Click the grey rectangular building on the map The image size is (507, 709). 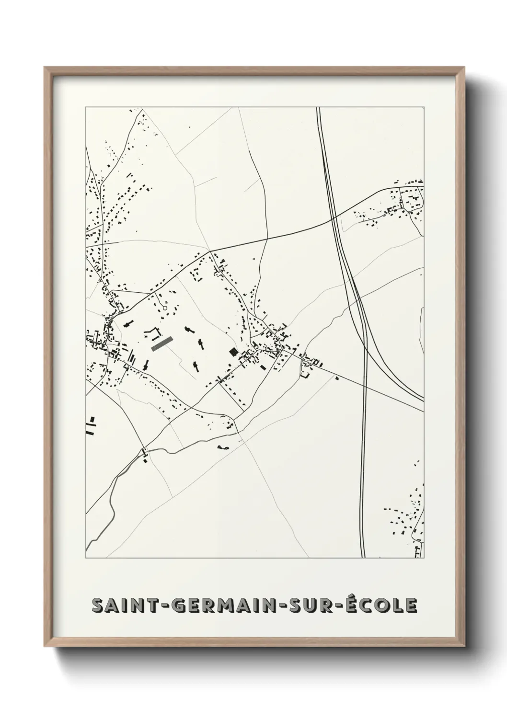(x=161, y=344)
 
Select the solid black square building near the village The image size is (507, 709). (x=233, y=352)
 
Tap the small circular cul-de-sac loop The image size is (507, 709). (x=165, y=308)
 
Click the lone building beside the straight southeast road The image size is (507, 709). (x=336, y=378)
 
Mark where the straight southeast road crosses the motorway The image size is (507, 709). (x=365, y=383)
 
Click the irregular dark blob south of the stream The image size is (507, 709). (x=223, y=447)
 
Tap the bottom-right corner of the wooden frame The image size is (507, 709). (x=464, y=647)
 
